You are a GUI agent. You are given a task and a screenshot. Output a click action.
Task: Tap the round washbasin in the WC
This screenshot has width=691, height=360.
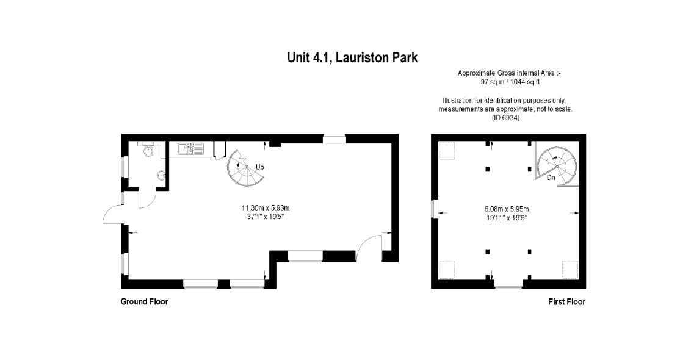click(161, 176)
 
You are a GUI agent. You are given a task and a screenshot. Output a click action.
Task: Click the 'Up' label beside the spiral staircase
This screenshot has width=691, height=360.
click(259, 167)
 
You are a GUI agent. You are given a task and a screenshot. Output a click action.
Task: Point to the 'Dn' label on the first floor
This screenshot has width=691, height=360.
click(551, 178)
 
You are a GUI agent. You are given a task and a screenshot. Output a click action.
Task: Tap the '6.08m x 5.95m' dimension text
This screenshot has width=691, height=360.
click(506, 208)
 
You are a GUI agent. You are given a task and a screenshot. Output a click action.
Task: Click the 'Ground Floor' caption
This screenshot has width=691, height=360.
click(144, 301)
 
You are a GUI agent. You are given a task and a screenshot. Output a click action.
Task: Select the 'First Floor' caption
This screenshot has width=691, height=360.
click(566, 301)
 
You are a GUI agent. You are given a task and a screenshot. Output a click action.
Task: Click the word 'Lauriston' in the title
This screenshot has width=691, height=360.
click(356, 57)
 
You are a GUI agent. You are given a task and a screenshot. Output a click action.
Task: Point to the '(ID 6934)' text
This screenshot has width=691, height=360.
click(505, 117)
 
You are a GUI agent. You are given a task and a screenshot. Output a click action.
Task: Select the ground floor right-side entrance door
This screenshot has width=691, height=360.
click(367, 247)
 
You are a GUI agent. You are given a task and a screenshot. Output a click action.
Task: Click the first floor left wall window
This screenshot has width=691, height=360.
click(434, 209)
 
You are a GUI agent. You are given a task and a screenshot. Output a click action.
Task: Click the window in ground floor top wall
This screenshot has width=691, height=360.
click(334, 139)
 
